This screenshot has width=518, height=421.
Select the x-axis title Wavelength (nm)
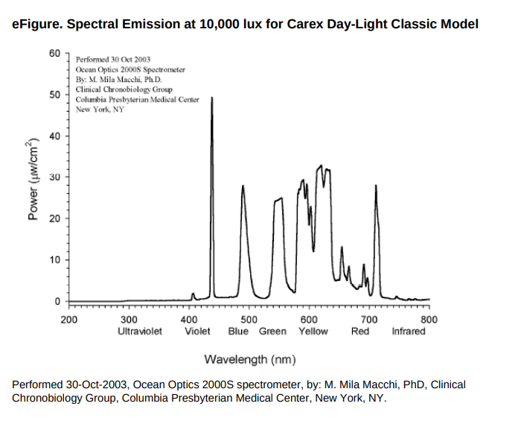(x=249, y=360)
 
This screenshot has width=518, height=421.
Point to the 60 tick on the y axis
(x=56, y=54)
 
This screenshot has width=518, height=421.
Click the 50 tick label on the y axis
(x=56, y=95)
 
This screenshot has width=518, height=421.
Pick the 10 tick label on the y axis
(x=56, y=260)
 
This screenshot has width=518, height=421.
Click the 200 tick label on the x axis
(x=68, y=319)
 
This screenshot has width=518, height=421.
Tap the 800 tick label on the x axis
(x=429, y=319)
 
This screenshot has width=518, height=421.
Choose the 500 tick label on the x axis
(x=249, y=319)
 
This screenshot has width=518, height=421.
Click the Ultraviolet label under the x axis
(x=140, y=331)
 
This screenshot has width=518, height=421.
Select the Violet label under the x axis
(x=197, y=331)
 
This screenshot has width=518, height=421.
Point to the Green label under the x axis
(x=273, y=331)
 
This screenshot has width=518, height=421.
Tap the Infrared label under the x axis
(x=409, y=331)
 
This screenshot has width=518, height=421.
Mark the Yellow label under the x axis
(x=313, y=331)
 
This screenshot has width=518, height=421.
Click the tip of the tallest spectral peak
(x=213, y=98)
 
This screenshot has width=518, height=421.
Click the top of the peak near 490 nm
(x=243, y=186)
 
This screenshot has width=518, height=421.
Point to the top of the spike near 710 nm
(x=376, y=186)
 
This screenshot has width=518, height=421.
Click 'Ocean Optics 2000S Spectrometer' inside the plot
(x=130, y=69)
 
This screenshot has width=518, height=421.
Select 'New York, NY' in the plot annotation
(x=100, y=110)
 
